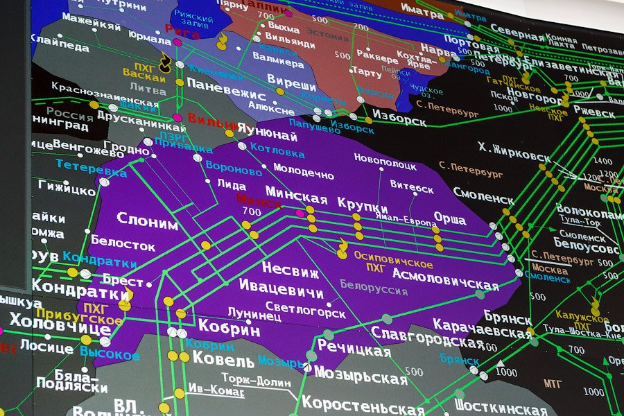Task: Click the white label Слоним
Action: click(x=147, y=220)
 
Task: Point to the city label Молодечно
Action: click(x=303, y=167)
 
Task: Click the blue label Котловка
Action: click(x=272, y=148)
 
